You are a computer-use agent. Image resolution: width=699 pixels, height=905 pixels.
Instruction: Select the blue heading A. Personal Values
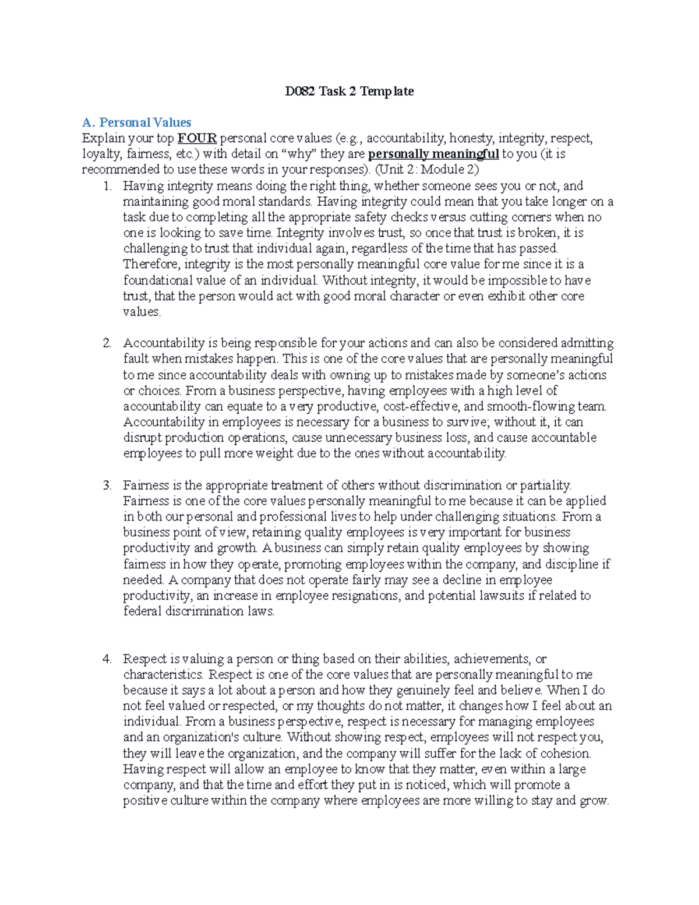[x=137, y=122]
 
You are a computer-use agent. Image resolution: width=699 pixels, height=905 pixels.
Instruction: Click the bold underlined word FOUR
[x=197, y=139]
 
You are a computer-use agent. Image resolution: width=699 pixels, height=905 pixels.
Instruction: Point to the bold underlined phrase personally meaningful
[x=434, y=154]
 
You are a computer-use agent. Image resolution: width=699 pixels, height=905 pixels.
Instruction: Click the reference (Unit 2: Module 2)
[x=427, y=170]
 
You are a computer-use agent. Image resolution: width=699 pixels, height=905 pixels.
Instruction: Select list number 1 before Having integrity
[x=107, y=186]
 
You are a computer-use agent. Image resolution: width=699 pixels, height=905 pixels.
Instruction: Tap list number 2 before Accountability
[x=107, y=343]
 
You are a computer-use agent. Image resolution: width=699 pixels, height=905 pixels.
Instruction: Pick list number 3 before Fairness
[x=107, y=485]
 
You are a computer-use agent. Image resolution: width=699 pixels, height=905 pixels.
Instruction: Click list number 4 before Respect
[x=107, y=659]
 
